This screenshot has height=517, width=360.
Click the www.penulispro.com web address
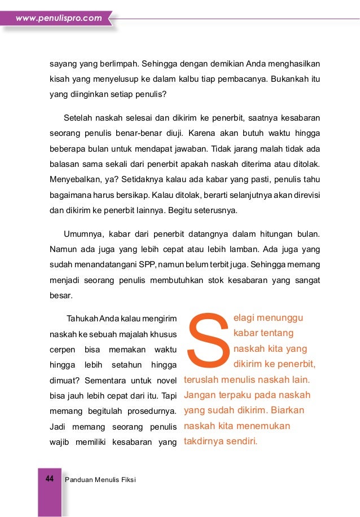(x=59, y=18)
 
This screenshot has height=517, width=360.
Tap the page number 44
(x=49, y=479)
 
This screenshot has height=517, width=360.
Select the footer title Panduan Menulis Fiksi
(x=101, y=479)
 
